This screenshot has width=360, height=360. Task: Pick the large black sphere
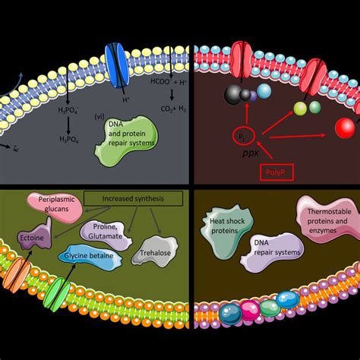click(x=232, y=94)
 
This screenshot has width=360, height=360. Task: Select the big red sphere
click(x=348, y=126)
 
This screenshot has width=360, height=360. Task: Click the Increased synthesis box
click(x=134, y=199)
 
